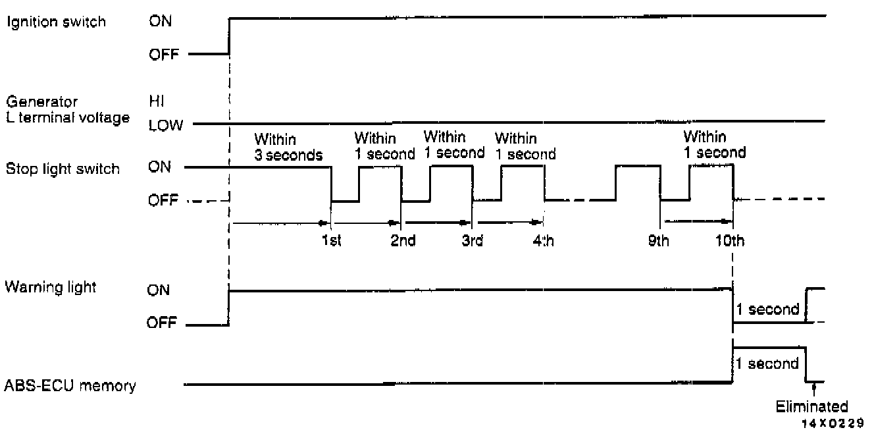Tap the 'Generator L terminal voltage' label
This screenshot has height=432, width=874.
pos(66,111)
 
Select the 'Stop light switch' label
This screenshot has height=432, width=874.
pos(63,169)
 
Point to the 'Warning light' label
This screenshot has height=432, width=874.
pos(51,288)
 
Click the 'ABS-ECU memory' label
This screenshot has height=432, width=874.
pos(70,386)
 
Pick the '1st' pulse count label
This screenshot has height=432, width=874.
pos(331,241)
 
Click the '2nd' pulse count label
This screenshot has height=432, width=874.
pos(403,241)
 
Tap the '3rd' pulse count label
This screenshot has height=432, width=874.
pos(472,241)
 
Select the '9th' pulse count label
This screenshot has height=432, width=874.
pos(658,241)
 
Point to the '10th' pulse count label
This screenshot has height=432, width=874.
pos(731,241)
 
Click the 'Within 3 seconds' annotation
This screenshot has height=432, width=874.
pos(288,148)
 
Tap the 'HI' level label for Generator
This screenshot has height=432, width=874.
pos(156,102)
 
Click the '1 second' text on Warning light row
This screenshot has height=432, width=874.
pos(768,310)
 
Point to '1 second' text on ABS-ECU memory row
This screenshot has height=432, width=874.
pos(768,363)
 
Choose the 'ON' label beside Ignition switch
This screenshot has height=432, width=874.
pos(159,21)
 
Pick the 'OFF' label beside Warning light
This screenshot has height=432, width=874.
pos(162,325)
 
